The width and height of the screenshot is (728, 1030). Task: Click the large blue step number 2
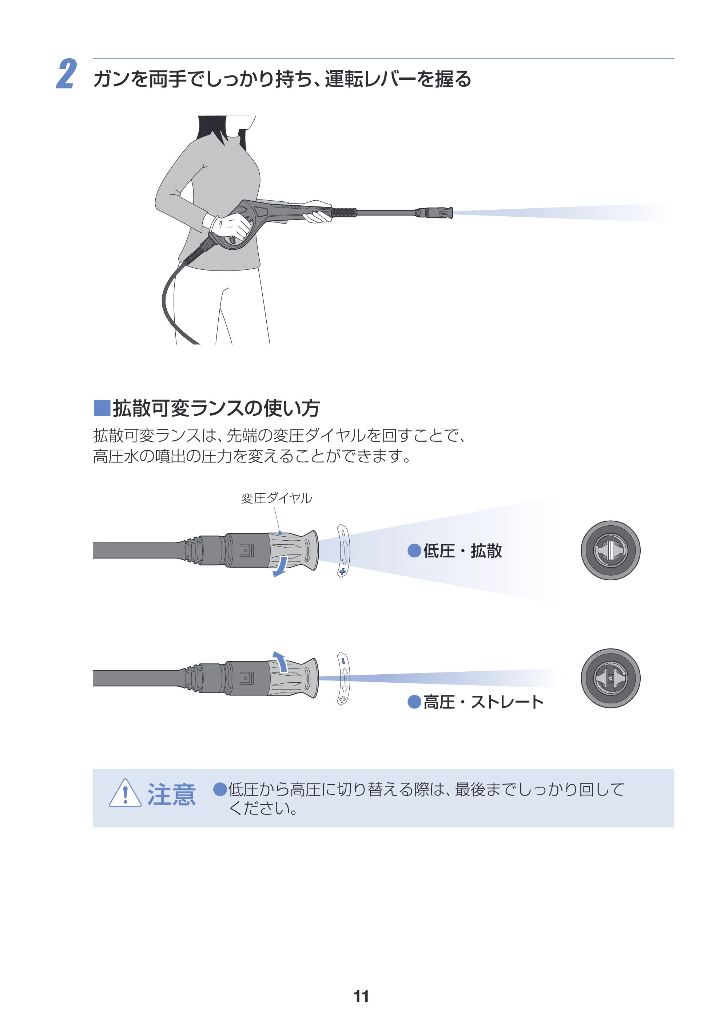tap(67, 74)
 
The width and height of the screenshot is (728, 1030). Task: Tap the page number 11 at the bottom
tap(361, 997)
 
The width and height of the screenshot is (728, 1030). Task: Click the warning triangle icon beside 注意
tap(126, 794)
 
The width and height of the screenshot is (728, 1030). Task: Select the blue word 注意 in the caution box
tap(172, 794)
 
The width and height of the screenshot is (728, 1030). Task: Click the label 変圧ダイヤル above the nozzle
tap(277, 498)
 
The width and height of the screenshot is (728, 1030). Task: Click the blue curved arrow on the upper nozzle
tap(281, 567)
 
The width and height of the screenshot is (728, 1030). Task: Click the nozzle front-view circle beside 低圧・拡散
tap(610, 550)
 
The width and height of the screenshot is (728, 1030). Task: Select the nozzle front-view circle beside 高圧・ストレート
tap(610, 678)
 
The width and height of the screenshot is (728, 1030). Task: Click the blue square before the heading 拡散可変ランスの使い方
tap(102, 408)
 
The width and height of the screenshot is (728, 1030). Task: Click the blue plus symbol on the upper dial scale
tap(342, 571)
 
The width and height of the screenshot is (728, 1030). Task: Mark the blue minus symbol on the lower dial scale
tap(343, 661)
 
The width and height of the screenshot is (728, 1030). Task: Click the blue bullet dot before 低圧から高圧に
tap(220, 789)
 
